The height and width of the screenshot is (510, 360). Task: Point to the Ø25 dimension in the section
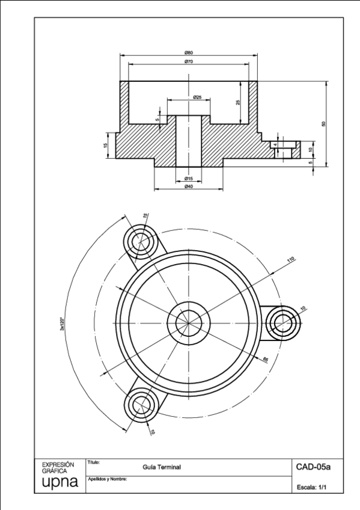(197, 97)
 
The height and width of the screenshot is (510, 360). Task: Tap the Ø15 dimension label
(188, 179)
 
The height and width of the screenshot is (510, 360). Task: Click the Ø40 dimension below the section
(188, 187)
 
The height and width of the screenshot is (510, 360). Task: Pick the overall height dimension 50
(323, 124)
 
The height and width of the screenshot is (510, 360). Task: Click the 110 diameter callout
(291, 260)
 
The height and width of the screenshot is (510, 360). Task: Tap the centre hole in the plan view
(189, 322)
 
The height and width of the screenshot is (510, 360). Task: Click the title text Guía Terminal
(162, 467)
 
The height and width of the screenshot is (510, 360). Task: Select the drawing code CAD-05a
(310, 466)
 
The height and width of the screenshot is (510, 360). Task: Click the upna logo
(58, 484)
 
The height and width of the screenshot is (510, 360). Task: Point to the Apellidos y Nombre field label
(108, 479)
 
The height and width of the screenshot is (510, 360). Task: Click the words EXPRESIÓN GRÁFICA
(58, 467)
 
